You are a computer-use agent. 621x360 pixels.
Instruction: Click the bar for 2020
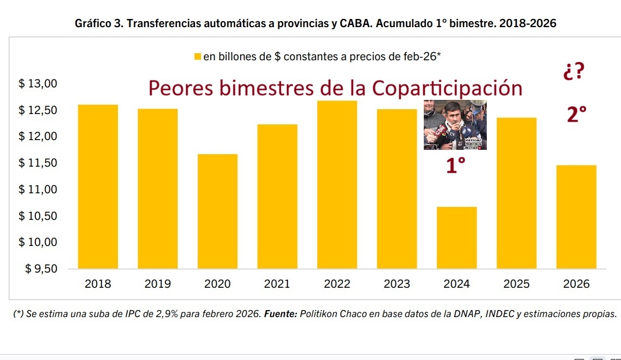(217, 211)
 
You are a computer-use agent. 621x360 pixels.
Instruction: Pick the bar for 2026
(576, 217)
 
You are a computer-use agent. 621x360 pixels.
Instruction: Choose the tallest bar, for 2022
(337, 185)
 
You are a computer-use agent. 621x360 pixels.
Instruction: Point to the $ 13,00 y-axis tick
(37, 84)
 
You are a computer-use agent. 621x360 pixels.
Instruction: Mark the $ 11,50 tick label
(37, 163)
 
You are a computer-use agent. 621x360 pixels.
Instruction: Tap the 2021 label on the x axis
(277, 284)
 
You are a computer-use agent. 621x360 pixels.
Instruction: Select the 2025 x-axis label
(516, 284)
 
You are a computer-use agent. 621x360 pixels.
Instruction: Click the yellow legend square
(198, 56)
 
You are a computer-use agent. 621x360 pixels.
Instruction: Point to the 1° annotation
(456, 166)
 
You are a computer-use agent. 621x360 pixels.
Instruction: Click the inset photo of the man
(455, 125)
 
